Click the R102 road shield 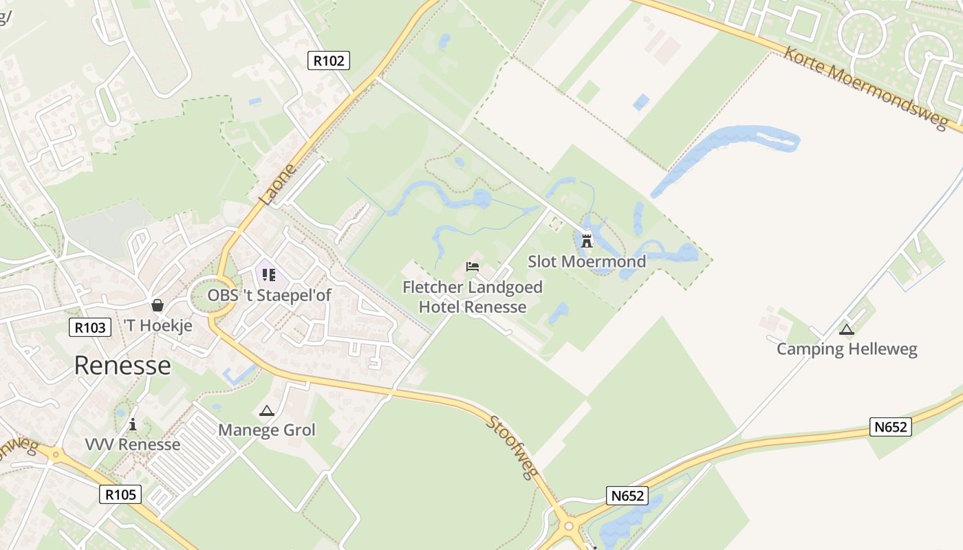[328, 60]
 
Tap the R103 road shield [90, 327]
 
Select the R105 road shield [120, 494]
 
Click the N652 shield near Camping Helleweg [890, 427]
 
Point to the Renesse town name [122, 365]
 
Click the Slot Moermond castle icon [587, 241]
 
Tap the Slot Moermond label [587, 261]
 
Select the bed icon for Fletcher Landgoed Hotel [472, 267]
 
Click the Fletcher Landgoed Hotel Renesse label [473, 297]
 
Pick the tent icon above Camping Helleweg [847, 329]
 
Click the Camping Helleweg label [847, 349]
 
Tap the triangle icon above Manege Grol [266, 411]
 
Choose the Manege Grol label [266, 430]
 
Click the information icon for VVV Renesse [133, 424]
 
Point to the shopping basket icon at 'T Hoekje [158, 305]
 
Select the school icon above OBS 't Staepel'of [269, 275]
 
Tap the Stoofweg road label [512, 446]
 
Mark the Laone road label [279, 184]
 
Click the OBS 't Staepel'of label [270, 296]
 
